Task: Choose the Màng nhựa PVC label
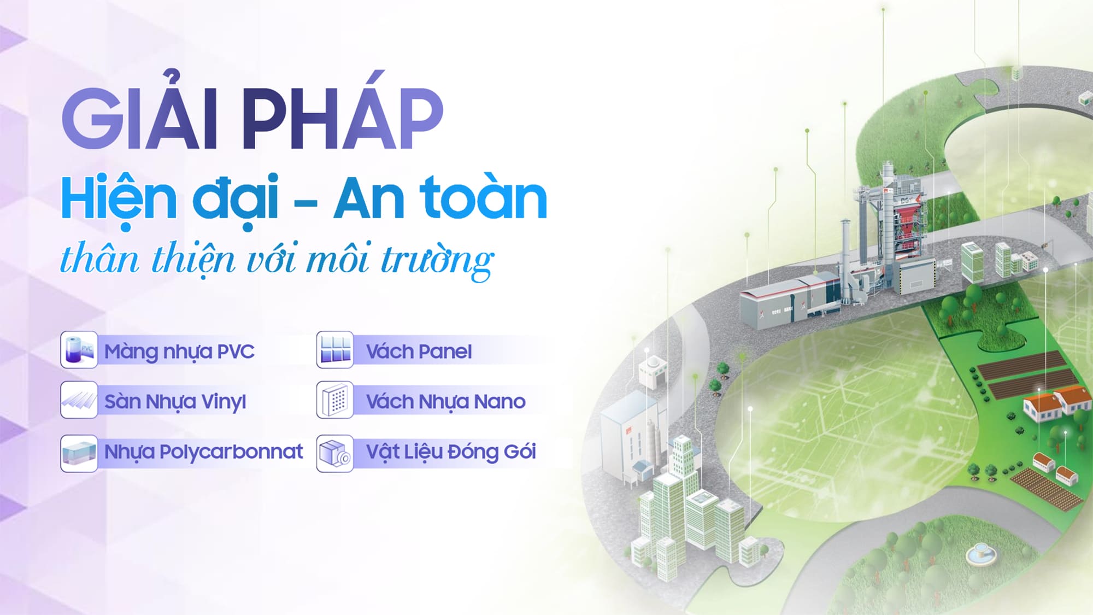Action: (179, 351)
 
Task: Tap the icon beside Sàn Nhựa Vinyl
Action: (79, 400)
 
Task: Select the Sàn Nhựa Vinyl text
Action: (175, 402)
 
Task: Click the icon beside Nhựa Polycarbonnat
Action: (79, 453)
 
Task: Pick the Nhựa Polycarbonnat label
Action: (203, 452)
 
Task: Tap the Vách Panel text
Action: (419, 352)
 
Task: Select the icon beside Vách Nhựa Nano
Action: (335, 400)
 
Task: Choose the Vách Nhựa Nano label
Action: (445, 402)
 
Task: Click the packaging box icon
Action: (335, 453)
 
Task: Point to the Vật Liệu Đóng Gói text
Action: (451, 452)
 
